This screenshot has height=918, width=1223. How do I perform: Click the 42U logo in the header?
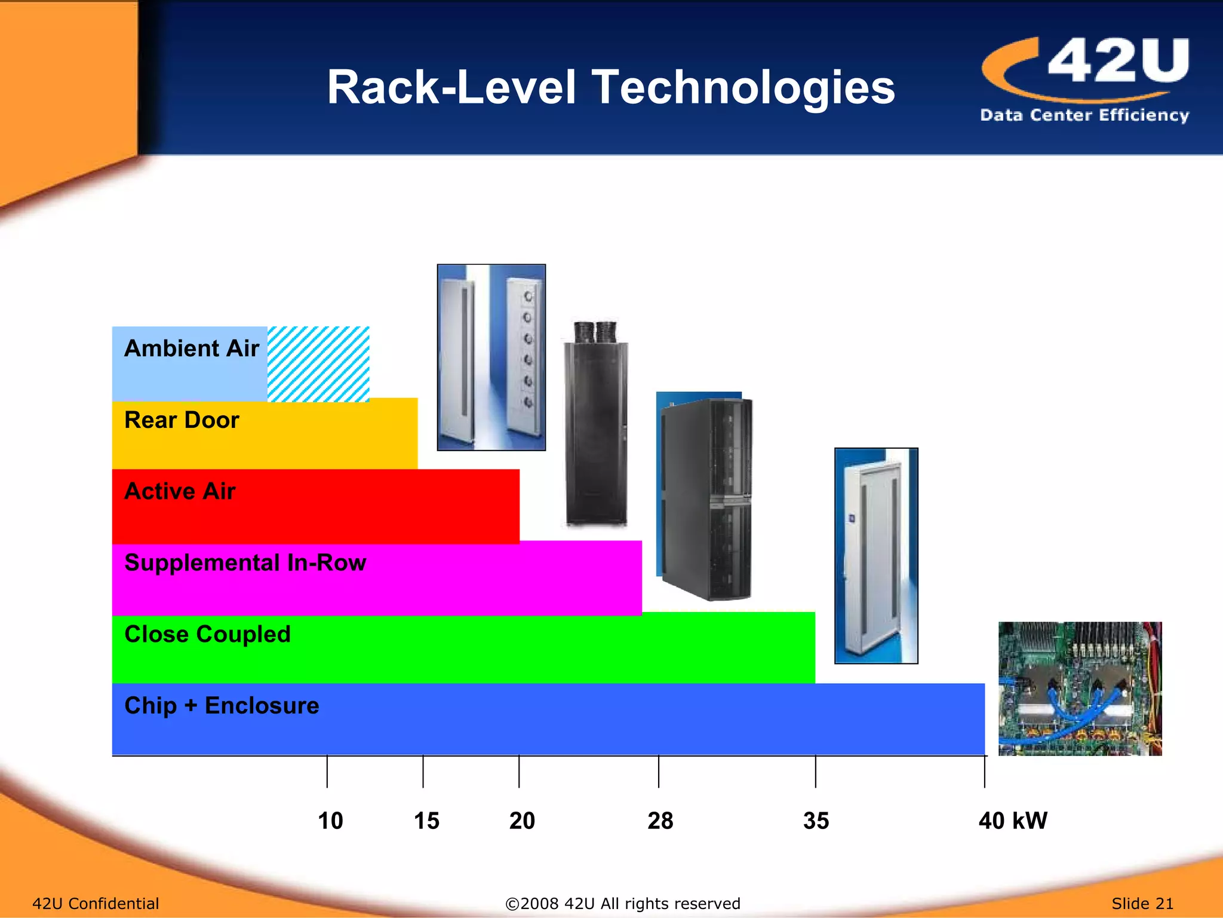point(1085,79)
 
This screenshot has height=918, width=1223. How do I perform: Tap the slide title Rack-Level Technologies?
point(610,87)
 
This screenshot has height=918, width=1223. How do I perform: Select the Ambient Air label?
point(191,348)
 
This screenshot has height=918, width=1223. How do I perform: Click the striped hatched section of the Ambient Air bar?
point(318,363)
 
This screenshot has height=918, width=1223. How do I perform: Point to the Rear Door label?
point(182,420)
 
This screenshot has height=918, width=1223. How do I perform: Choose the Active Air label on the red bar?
point(180,491)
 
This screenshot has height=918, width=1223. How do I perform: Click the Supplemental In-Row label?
point(245,563)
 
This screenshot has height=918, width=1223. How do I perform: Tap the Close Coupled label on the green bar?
point(207,634)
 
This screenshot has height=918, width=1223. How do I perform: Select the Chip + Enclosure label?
point(222,706)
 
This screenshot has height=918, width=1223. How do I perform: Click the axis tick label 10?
point(330,821)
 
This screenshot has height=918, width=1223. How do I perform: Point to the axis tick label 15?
point(426,821)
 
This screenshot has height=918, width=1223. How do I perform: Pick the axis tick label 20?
point(522,821)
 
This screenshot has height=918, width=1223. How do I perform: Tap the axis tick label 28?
point(660,821)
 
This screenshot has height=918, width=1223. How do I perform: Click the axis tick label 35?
point(816,821)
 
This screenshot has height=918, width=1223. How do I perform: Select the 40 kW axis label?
point(1013,821)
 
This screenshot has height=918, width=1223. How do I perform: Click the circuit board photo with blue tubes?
point(1080,688)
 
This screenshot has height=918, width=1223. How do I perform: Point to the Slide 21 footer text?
point(1142,903)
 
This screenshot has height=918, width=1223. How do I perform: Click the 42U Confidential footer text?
point(96,903)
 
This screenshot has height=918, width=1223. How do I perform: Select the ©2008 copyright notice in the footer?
point(622,903)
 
